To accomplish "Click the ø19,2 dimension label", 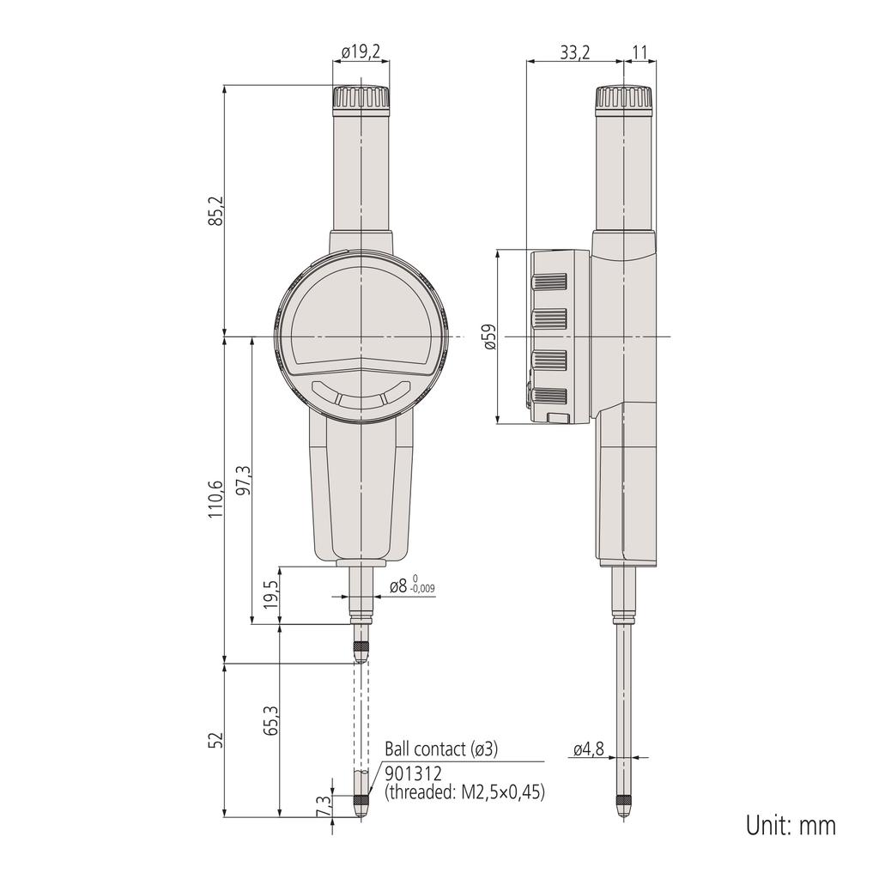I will [361, 52].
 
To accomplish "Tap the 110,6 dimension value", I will [215, 499].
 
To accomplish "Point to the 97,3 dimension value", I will [244, 482].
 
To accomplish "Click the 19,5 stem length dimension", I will [270, 594].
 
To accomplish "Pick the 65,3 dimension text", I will [271, 720].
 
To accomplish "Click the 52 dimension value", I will [216, 740].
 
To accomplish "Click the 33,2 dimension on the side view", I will [575, 52].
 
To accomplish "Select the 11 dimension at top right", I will [640, 52].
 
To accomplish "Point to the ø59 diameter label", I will [489, 337].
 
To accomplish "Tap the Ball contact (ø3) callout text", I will [440, 749].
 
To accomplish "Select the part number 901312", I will [413, 773].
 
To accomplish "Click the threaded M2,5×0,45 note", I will [464, 792].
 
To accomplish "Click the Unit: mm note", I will [790, 826].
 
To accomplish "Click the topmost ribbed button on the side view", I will [550, 282].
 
